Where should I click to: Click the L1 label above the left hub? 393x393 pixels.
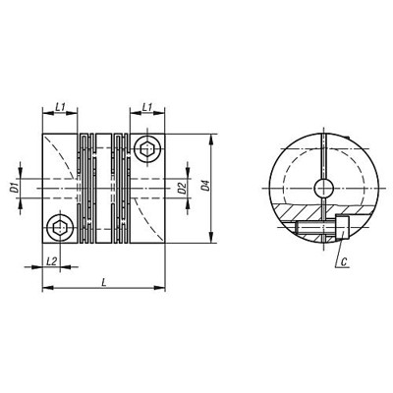pyautogui.click(x=60, y=105)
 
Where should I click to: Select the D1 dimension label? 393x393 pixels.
pyautogui.click(x=16, y=187)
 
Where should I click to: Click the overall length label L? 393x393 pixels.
pyautogui.click(x=104, y=282)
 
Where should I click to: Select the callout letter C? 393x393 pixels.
pyautogui.click(x=346, y=262)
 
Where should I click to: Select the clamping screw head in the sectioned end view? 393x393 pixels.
pyautogui.click(x=342, y=229)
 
